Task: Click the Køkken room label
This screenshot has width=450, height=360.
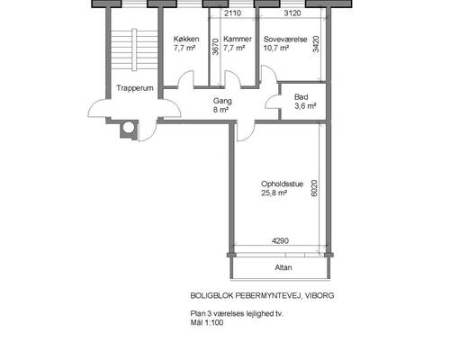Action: point(186,39)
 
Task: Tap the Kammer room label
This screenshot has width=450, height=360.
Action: point(238,39)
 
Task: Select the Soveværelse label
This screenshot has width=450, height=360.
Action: point(285,40)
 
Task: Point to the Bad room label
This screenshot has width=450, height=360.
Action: point(301,97)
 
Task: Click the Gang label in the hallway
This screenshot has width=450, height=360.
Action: point(222,101)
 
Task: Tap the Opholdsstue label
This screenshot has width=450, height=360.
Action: point(282,184)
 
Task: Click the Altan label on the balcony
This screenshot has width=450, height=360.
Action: point(283,267)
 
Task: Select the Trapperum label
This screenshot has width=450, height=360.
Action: point(135,88)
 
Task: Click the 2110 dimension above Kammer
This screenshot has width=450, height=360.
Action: point(233,13)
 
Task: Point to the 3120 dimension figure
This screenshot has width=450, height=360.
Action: point(292,13)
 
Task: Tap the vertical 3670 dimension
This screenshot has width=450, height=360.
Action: point(215,47)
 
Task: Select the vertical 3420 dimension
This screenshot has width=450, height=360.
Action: point(316,44)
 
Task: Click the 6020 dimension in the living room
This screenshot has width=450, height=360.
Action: point(314,188)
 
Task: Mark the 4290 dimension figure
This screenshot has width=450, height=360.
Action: point(280,240)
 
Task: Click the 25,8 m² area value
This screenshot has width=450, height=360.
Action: point(274,193)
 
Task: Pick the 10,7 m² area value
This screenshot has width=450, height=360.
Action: point(276,48)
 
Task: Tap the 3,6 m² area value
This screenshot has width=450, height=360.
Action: point(305,106)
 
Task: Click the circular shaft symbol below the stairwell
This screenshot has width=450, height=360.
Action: point(129,128)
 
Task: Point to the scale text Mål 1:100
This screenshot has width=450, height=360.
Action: point(207,323)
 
